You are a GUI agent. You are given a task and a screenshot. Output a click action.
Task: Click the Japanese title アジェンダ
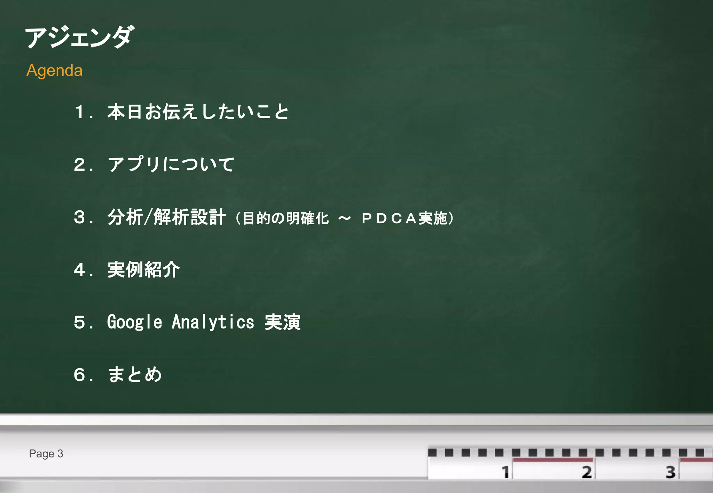click(x=79, y=37)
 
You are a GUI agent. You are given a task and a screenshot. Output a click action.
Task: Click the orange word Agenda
click(x=55, y=71)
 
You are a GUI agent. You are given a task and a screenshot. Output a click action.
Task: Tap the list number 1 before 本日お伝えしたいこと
click(x=80, y=112)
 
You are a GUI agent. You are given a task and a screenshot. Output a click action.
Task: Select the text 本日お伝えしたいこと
click(x=198, y=112)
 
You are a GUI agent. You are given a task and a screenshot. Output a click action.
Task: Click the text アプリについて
click(x=171, y=164)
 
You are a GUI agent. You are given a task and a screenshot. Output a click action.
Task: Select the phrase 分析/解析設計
click(x=167, y=217)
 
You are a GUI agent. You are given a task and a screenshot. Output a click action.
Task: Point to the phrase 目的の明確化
click(x=285, y=219)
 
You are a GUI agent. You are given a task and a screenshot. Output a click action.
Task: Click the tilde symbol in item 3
click(x=344, y=219)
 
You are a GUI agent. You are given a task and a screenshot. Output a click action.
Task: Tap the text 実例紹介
click(x=143, y=270)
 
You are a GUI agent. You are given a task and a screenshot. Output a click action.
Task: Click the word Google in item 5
click(x=134, y=322)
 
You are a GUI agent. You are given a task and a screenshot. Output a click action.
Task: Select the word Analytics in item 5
click(x=213, y=322)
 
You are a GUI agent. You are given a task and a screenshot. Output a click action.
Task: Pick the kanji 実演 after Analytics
click(x=282, y=322)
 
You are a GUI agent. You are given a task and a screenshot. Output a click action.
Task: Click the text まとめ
click(x=135, y=375)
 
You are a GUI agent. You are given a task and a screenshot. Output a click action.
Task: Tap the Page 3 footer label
click(x=46, y=454)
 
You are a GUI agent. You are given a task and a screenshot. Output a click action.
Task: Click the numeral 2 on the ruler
click(x=587, y=472)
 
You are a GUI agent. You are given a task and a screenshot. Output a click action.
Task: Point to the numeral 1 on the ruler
click(x=505, y=472)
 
